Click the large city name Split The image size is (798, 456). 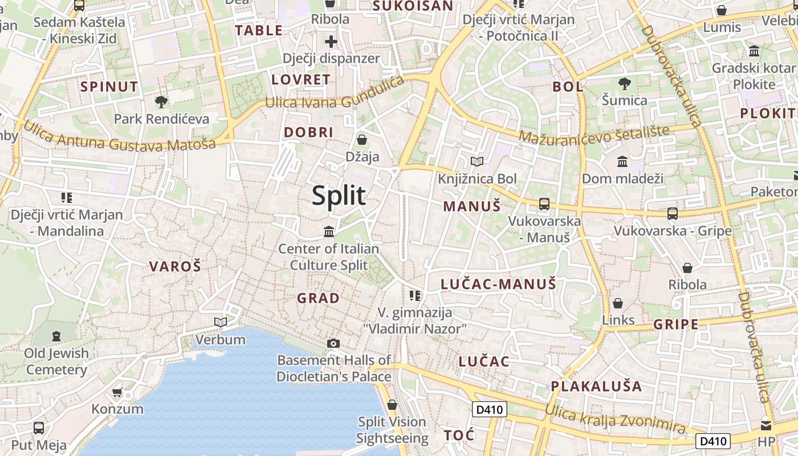click(x=339, y=196)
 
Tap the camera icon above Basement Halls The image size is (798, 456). click(x=333, y=343)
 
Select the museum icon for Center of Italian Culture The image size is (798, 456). click(x=329, y=232)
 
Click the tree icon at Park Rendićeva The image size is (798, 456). click(x=161, y=102)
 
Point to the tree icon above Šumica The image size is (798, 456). click(x=625, y=83)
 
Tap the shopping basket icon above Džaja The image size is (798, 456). click(x=361, y=140)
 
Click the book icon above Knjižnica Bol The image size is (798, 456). click(x=477, y=162)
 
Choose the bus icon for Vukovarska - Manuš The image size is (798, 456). click(x=544, y=203)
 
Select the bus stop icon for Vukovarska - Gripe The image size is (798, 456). click(x=673, y=214)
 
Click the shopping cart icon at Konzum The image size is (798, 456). click(x=117, y=392)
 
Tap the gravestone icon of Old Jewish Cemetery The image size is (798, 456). click(x=56, y=336)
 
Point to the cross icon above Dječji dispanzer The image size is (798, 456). click(x=331, y=42)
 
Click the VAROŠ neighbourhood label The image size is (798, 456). click(x=175, y=266)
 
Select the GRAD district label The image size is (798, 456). click(x=318, y=298)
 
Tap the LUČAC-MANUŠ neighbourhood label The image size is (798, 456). click(x=498, y=284)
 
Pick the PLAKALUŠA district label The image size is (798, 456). click(x=596, y=386)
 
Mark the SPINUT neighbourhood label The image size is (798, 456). click(x=109, y=87)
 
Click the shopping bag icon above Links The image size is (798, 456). click(x=618, y=303)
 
